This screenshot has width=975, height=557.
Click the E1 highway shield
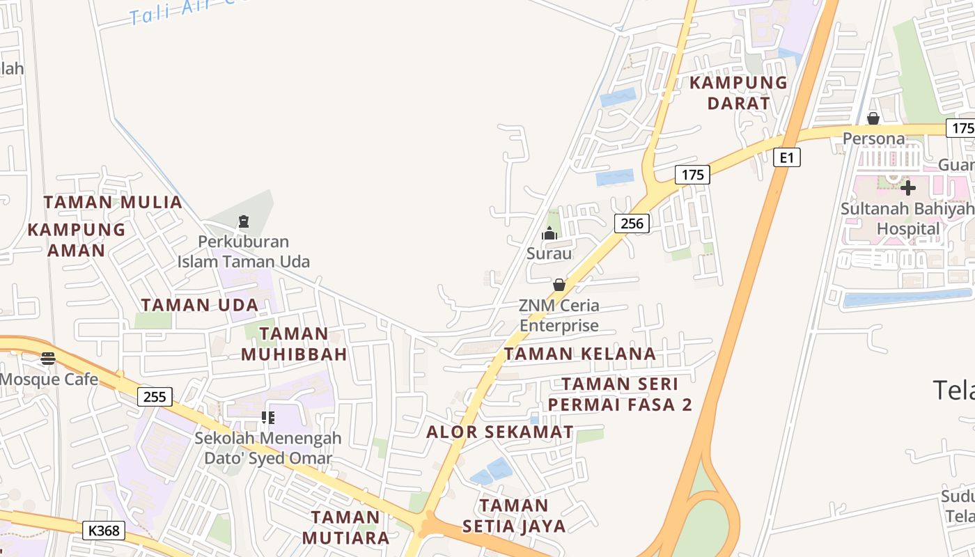(787, 157)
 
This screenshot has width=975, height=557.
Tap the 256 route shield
(632, 223)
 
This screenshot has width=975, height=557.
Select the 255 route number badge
(155, 397)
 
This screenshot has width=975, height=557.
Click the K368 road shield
(104, 531)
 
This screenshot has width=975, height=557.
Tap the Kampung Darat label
(738, 93)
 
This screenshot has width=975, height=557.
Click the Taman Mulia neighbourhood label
(113, 203)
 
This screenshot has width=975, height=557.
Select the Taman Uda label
(200, 305)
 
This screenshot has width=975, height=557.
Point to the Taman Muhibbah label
(295, 344)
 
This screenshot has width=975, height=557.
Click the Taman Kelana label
(580, 354)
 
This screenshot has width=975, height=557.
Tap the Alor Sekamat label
(500, 432)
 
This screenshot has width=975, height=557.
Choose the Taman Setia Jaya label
(514, 515)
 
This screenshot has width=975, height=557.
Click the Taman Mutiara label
(346, 527)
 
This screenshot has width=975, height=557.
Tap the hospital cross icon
(907, 187)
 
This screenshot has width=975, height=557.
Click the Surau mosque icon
(549, 233)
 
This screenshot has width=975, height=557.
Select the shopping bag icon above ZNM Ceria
(559, 285)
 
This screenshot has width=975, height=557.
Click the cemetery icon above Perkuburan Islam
(243, 222)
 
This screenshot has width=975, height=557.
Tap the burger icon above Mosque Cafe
(48, 359)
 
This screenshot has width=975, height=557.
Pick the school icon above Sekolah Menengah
(268, 418)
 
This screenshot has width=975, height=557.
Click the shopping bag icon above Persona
(873, 118)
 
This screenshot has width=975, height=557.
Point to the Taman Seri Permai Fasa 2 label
(620, 394)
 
